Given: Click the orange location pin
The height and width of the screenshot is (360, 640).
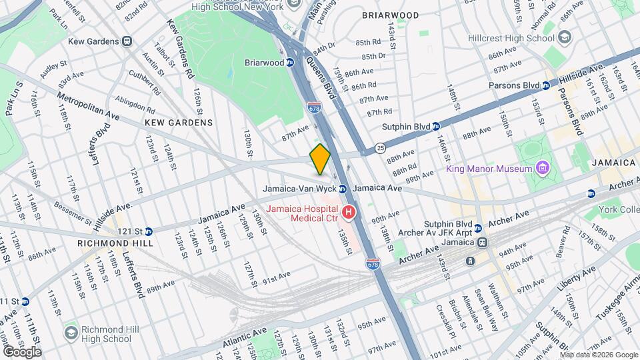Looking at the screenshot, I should [320, 159].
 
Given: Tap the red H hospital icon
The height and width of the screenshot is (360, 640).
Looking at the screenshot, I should [349, 213].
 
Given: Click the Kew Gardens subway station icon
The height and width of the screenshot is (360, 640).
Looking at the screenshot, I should [127, 41].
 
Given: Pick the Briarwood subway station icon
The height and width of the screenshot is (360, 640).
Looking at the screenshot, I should [290, 63].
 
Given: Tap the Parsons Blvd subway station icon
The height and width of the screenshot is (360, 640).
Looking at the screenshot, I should [545, 85].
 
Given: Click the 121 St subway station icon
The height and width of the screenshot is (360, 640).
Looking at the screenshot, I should [149, 231].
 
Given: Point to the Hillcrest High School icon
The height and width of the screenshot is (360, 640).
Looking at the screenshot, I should [565, 36].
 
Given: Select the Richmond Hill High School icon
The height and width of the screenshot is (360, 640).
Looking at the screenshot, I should [71, 331].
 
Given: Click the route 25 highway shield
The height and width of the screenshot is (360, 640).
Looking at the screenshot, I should [379, 147].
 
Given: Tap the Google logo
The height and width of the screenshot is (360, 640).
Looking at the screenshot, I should [22, 351].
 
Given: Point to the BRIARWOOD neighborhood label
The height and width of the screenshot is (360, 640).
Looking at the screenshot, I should [390, 15].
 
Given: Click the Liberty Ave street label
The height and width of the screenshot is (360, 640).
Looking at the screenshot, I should [576, 281].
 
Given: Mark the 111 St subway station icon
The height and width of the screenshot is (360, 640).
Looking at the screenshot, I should [25, 301].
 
